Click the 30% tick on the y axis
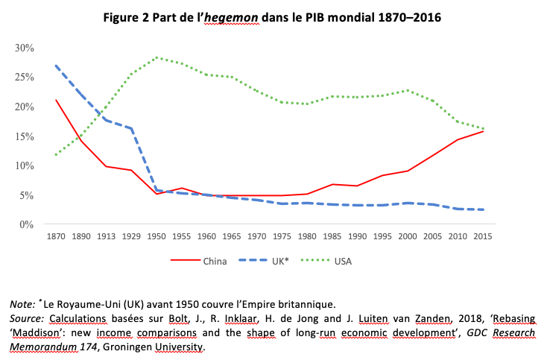coord(25,48)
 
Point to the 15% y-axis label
coord(25,136)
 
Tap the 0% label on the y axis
coord(28,224)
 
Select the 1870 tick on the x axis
coord(55,237)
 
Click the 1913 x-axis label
coord(106,237)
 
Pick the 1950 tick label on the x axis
coord(156,237)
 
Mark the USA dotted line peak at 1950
coord(156,57)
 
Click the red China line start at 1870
coord(55,100)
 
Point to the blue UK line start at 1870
coord(55,66)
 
